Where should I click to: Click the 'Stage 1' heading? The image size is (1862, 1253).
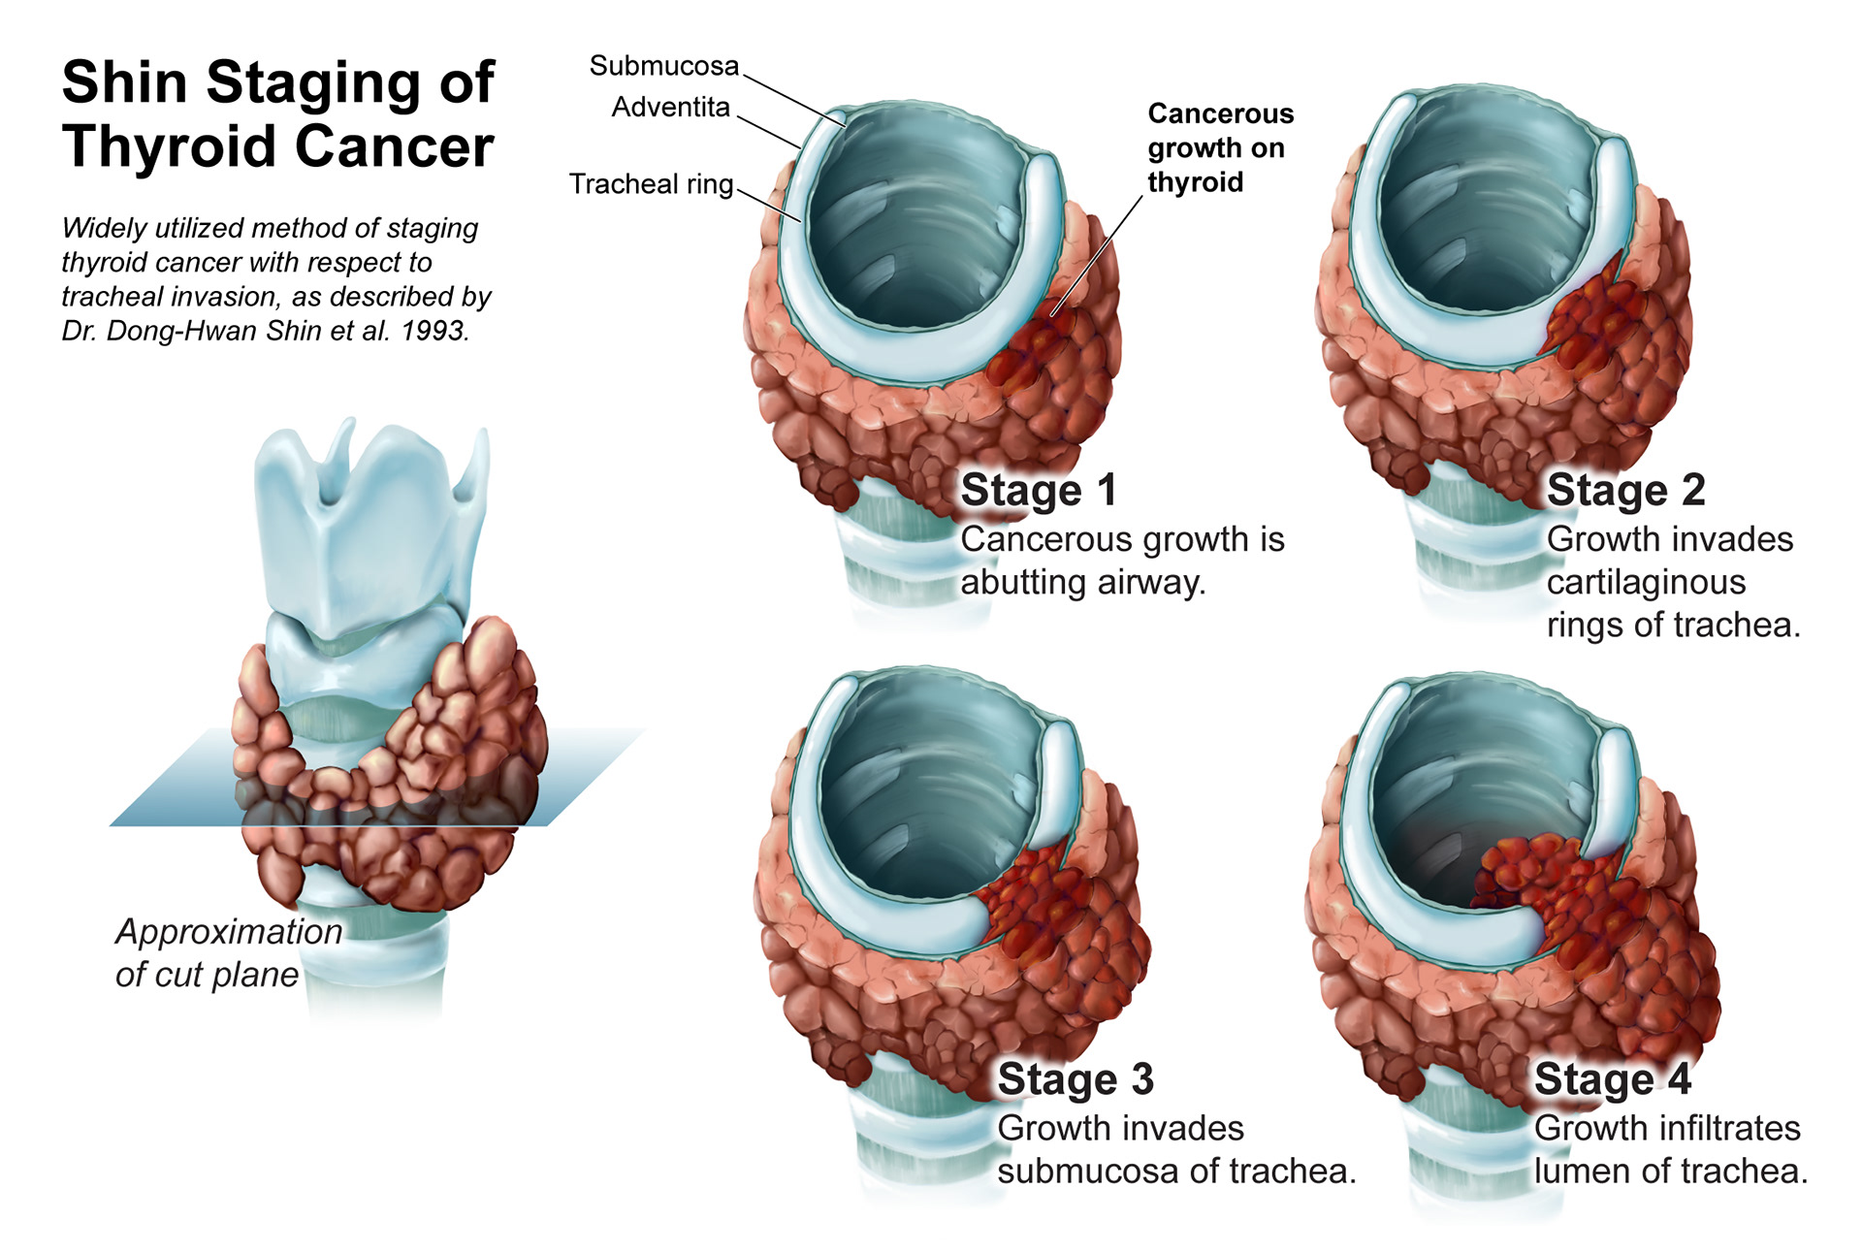(x=1039, y=491)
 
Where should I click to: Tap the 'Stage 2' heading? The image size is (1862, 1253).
(x=1626, y=491)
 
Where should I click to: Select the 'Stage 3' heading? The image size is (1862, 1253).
(x=1075, y=1079)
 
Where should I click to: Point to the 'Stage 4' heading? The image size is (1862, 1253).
(x=1613, y=1079)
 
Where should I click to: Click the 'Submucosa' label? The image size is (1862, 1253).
(x=664, y=66)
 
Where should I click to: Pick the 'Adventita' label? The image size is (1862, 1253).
(x=670, y=107)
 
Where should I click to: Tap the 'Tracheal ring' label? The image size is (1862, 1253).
(x=651, y=184)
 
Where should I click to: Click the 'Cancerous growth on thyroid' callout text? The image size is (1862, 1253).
(x=1220, y=147)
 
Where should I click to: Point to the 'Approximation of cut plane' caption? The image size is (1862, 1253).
(x=228, y=952)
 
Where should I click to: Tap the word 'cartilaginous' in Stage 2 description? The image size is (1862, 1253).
(x=1646, y=583)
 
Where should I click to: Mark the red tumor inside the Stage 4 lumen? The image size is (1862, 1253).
(x=1532, y=878)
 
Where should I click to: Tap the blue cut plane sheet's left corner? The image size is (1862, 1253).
(x=111, y=825)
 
